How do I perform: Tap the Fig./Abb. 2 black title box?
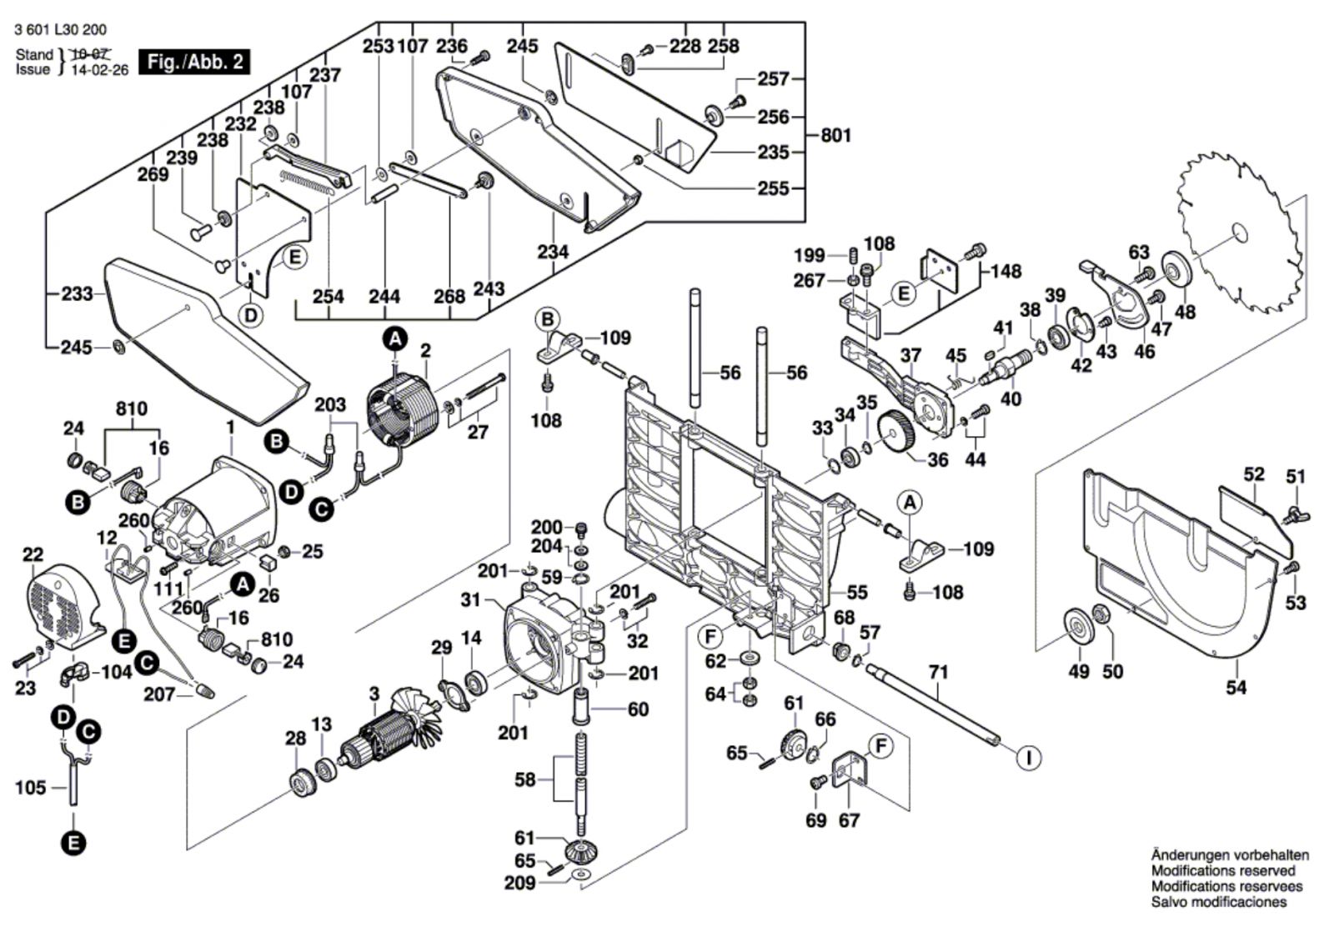pyautogui.click(x=194, y=62)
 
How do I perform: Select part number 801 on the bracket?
pyautogui.click(x=835, y=135)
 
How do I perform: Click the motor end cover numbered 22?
pyautogui.click(x=63, y=606)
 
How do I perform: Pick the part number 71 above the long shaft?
pyautogui.click(x=938, y=673)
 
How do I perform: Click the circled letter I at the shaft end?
pyautogui.click(x=1029, y=759)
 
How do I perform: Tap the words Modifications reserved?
pyautogui.click(x=1222, y=871)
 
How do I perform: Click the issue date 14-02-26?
pyautogui.click(x=99, y=70)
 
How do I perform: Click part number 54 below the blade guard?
pyautogui.click(x=1236, y=688)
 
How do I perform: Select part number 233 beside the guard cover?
pyautogui.click(x=78, y=293)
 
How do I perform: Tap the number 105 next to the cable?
pyautogui.click(x=30, y=788)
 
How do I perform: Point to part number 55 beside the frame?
pyautogui.click(x=857, y=593)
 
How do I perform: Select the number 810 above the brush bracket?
pyautogui.click(x=132, y=409)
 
